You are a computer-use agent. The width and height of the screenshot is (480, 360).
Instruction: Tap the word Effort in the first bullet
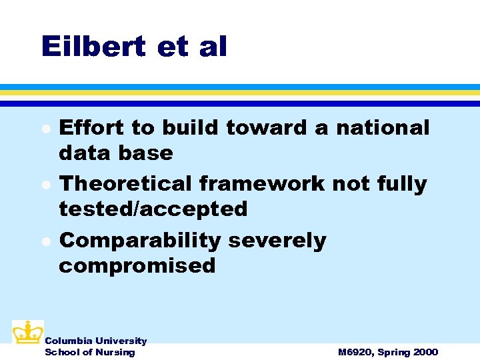(x=91, y=127)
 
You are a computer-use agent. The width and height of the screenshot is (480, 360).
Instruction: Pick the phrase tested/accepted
(x=153, y=209)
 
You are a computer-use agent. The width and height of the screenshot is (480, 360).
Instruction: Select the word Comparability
(x=139, y=240)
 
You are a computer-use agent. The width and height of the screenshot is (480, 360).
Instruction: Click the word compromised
(x=137, y=265)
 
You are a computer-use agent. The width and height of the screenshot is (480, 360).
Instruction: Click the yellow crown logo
(x=27, y=332)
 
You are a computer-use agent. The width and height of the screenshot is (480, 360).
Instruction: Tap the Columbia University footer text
(x=95, y=341)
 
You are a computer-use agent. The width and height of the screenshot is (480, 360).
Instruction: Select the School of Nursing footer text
(x=89, y=352)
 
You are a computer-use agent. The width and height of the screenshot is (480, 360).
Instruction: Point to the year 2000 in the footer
(x=425, y=352)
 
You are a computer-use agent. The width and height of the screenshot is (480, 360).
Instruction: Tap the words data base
(x=115, y=153)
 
